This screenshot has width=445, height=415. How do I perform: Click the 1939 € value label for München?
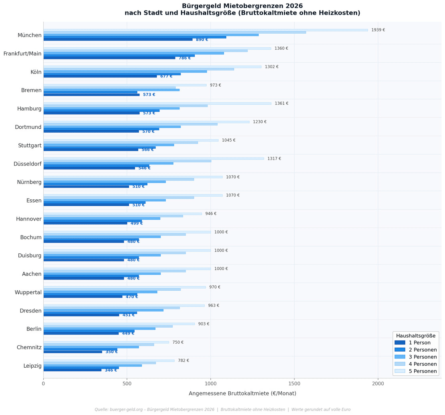(378, 30)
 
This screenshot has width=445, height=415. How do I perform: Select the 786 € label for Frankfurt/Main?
(185, 58)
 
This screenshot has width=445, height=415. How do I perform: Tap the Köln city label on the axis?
(36, 72)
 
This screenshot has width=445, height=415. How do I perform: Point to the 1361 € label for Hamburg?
(281, 103)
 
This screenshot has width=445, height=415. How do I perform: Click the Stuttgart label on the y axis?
(30, 146)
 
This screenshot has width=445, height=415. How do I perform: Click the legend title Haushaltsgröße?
(415, 336)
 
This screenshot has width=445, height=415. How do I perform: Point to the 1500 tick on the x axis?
(294, 384)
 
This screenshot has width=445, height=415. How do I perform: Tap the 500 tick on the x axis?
(127, 384)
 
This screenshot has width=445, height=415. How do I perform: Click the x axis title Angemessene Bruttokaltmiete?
(242, 394)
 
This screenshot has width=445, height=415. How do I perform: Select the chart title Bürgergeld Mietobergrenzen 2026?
(242, 6)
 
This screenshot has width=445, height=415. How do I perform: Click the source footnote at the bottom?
(222, 410)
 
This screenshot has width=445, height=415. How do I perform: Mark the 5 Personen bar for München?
(205, 30)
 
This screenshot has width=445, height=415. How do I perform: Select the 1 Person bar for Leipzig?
(72, 370)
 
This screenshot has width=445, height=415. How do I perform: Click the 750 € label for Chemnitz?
(178, 342)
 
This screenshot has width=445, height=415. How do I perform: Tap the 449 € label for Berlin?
(128, 334)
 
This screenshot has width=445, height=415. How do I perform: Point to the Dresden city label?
(30, 311)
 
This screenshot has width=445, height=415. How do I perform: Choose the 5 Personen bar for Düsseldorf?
(153, 159)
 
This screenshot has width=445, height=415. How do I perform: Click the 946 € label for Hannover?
(211, 214)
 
